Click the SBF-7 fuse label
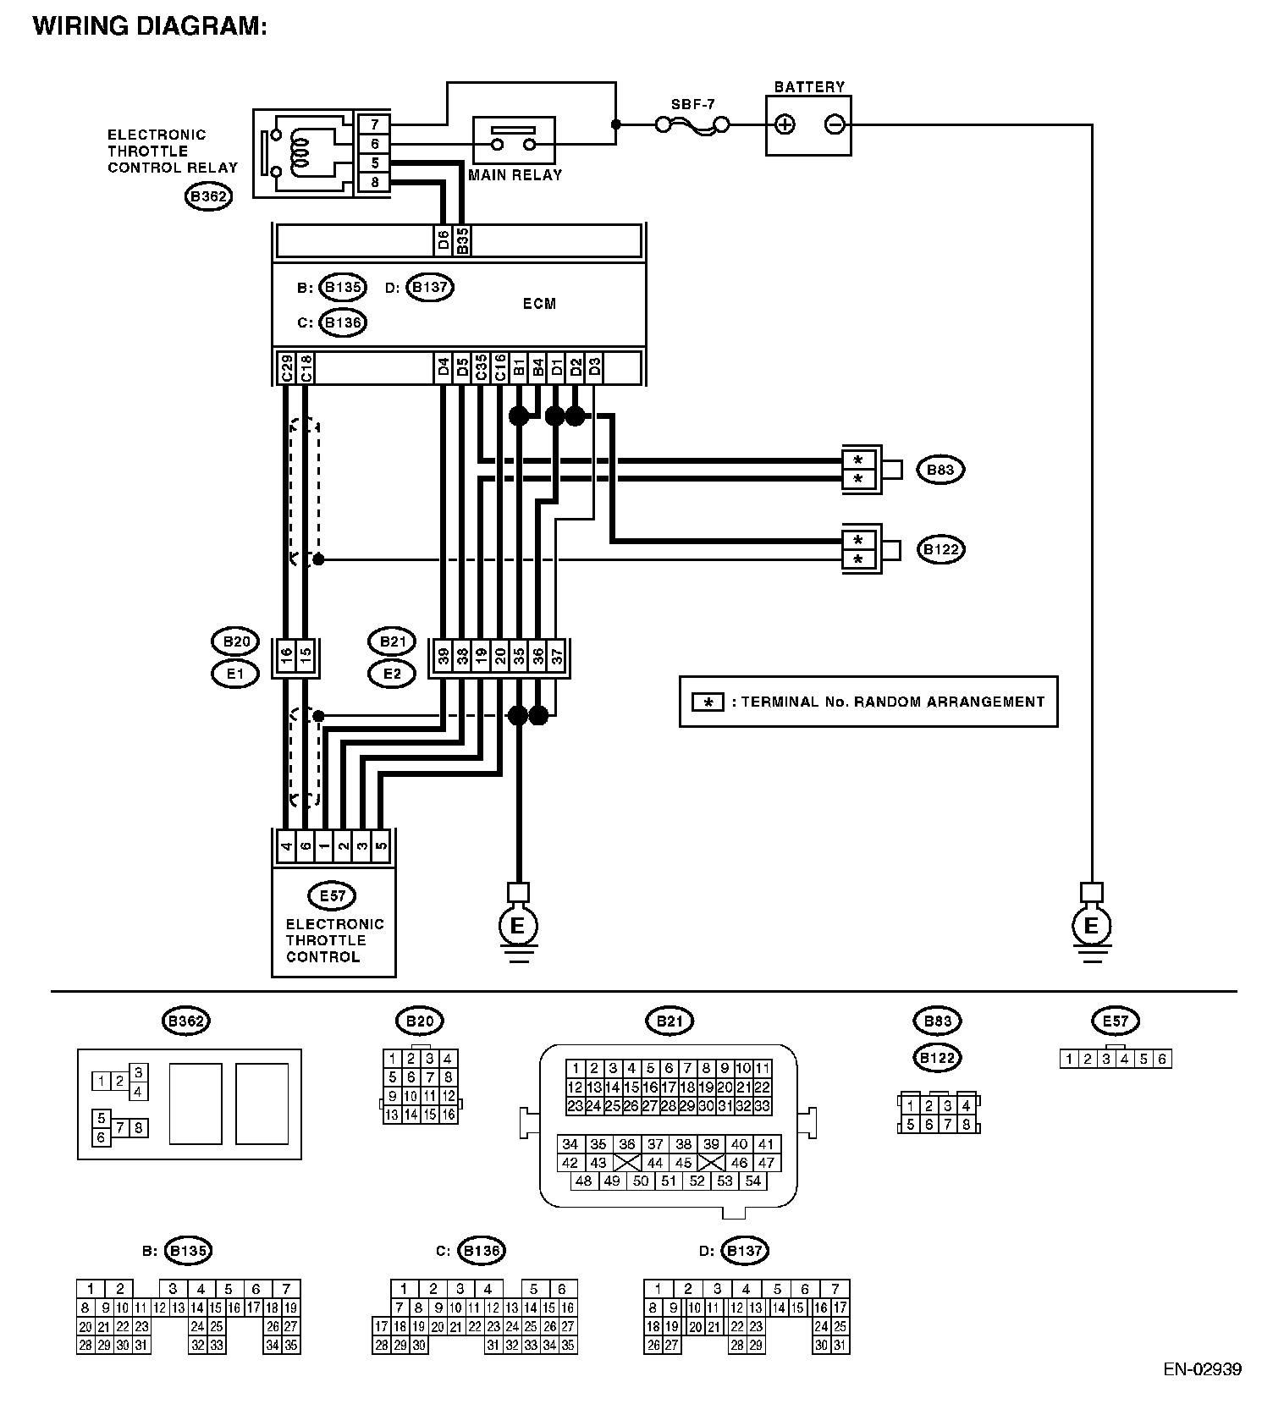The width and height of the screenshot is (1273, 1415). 692,104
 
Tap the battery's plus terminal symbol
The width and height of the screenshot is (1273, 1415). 785,125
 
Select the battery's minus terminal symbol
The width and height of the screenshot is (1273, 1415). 835,125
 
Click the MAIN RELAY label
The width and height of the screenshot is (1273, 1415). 515,175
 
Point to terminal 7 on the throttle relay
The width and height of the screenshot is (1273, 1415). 374,124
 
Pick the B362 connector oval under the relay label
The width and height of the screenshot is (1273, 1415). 208,197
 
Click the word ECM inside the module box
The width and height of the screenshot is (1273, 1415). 539,303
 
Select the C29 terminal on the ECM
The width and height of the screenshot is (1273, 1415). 286,368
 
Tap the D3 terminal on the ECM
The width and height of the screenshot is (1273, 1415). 594,368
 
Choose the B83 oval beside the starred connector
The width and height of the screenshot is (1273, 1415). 940,470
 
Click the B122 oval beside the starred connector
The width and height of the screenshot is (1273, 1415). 941,549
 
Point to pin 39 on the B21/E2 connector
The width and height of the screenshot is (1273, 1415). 443,657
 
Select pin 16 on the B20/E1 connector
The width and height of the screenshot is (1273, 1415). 286,657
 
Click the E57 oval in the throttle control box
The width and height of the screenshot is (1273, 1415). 333,895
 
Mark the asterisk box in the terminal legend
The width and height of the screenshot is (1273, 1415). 708,702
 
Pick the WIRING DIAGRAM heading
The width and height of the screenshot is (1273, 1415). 150,26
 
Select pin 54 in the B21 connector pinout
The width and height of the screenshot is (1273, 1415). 752,1181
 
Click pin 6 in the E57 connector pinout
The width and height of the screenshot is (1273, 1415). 1162,1059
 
